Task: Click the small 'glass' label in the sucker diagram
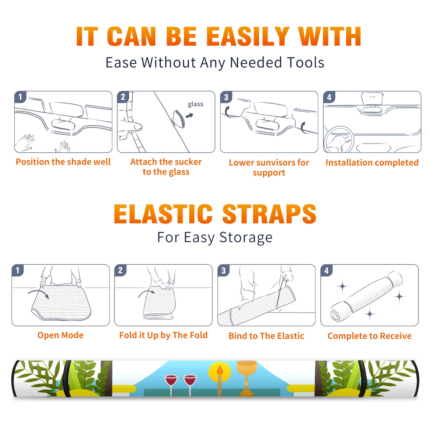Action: coord(195,104)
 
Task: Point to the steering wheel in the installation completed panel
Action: coord(339,139)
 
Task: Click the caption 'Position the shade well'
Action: coord(63,162)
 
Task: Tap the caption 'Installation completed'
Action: coord(372,163)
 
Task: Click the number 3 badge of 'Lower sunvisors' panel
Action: coord(226,97)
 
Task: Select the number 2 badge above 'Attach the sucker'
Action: coord(123,97)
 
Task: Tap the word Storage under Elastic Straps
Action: coord(246,238)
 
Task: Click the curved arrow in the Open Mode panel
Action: coord(38,293)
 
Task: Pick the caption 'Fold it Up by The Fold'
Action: coord(163,335)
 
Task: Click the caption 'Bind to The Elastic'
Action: coord(266,336)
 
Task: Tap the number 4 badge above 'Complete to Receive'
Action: coord(327,270)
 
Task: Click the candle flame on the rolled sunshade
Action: coord(220,370)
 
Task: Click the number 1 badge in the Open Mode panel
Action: coord(18,270)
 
